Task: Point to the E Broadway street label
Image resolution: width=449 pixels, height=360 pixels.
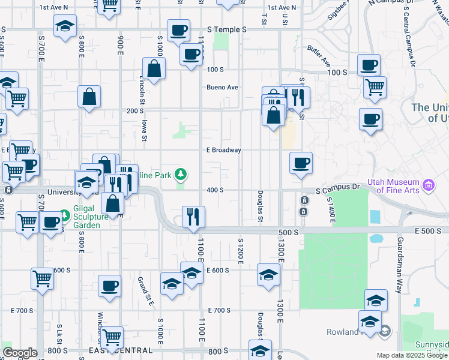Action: tap(223, 150)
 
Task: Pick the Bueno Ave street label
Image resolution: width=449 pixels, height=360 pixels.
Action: tap(222, 87)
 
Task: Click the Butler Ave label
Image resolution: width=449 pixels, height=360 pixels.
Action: tap(318, 55)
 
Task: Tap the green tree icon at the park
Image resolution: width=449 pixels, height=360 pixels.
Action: tap(180, 175)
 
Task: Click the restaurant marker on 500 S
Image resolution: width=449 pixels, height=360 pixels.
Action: tap(193, 217)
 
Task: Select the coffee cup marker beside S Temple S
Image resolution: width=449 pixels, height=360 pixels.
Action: tap(178, 30)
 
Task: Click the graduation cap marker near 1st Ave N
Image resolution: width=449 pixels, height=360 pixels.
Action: tap(65, 26)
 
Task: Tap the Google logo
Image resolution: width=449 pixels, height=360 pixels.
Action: tap(19, 353)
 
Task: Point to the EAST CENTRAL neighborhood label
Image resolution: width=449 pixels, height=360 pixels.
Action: tap(114, 350)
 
